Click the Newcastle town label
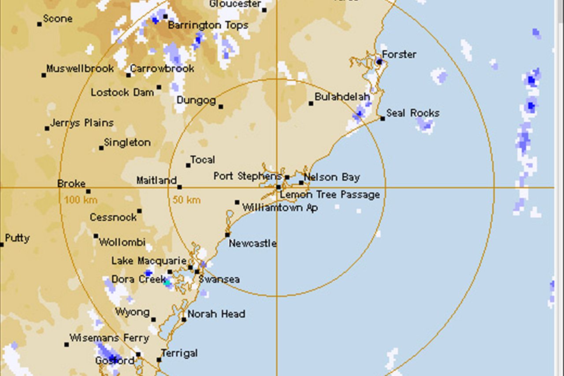click(x=252, y=243)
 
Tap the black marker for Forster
click(x=379, y=62)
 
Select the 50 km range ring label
click(x=186, y=200)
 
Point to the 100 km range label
click(x=81, y=200)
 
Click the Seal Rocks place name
click(x=413, y=113)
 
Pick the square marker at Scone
click(x=40, y=24)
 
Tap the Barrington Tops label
click(x=208, y=26)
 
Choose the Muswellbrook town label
click(x=80, y=69)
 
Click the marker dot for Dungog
click(x=221, y=106)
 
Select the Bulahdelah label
click(x=342, y=97)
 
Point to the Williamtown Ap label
click(x=280, y=208)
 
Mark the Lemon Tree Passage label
click(x=330, y=194)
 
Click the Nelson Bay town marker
click(x=301, y=182)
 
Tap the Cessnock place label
click(x=113, y=217)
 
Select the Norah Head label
click(x=216, y=314)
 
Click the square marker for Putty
click(x=2, y=245)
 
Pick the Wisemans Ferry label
click(x=109, y=339)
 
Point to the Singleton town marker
click(x=101, y=148)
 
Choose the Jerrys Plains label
click(x=82, y=123)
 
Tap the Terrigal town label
click(x=179, y=354)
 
